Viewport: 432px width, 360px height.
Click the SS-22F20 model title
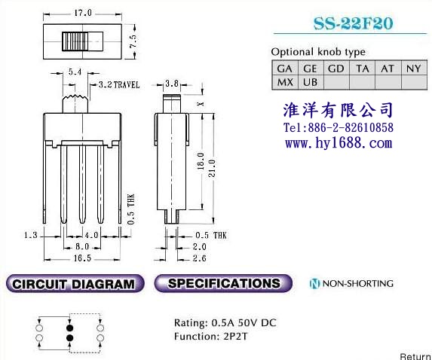click(353, 23)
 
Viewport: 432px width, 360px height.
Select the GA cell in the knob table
click(284, 69)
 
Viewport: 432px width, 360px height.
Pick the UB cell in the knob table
click(310, 82)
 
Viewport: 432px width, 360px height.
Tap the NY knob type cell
click(414, 69)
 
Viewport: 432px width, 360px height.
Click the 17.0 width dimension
click(82, 13)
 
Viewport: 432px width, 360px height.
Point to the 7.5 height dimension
click(133, 41)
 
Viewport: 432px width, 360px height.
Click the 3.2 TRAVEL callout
click(119, 84)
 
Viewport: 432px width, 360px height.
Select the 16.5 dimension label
click(82, 258)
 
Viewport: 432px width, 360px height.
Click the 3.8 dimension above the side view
click(172, 83)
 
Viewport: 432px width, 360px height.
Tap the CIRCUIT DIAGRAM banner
click(75, 283)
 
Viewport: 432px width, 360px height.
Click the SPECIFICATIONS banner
click(223, 283)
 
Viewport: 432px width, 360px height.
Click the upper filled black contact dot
click(69, 328)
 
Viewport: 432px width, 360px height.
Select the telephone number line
click(339, 127)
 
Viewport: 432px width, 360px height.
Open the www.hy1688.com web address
click(339, 143)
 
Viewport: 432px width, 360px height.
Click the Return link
click(415, 356)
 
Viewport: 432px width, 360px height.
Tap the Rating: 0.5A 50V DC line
click(225, 322)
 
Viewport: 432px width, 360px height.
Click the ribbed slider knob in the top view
click(75, 41)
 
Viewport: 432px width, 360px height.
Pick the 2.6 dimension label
click(199, 258)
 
